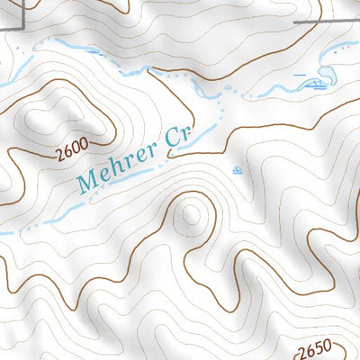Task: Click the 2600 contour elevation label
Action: [x=71, y=153]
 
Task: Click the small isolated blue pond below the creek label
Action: [x=237, y=169]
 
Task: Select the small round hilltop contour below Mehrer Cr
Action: [x=190, y=214]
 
